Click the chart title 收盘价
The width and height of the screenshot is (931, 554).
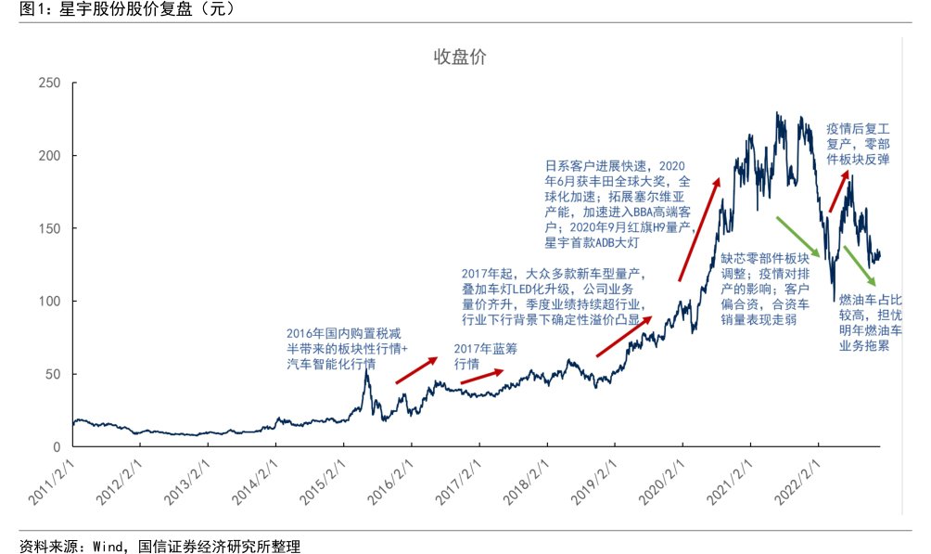460,58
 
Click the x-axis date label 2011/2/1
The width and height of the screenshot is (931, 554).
52,483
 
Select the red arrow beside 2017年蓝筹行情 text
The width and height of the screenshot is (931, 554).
482,376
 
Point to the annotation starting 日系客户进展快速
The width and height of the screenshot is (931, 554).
618,203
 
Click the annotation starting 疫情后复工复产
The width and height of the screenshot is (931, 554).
858,144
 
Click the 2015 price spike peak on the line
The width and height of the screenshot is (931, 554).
367,373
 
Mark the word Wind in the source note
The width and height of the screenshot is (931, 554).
107,545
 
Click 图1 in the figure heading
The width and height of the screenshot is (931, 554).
21,9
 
